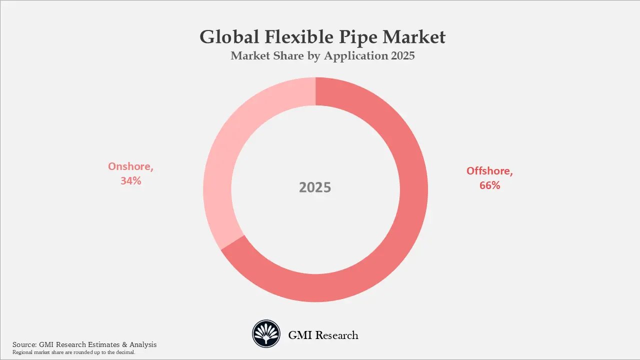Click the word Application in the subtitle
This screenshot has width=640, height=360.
click(x=354, y=56)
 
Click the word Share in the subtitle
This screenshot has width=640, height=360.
click(x=287, y=55)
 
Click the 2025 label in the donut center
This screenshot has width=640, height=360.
click(x=315, y=187)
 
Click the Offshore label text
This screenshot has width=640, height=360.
click(x=489, y=171)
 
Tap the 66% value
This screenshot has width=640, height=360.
click(x=489, y=185)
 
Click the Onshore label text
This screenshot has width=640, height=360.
click(x=130, y=167)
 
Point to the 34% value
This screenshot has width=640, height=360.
click(x=130, y=181)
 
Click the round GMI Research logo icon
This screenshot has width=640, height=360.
click(x=266, y=334)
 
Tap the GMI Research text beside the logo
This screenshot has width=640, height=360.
click(x=323, y=335)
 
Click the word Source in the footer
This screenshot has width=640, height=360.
click(x=23, y=344)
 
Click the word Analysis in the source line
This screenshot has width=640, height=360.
click(x=142, y=344)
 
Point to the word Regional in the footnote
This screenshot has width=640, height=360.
click(x=22, y=352)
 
